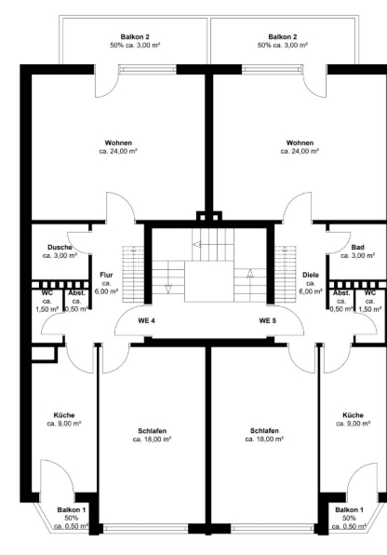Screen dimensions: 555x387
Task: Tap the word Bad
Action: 356,246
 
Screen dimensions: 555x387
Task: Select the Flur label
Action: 106,276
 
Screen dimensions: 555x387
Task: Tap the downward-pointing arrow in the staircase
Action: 167,287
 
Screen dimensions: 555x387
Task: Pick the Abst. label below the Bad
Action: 340,292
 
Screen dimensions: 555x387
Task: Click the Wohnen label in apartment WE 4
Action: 118,142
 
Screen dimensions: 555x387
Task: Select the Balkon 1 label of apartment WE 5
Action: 349,510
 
